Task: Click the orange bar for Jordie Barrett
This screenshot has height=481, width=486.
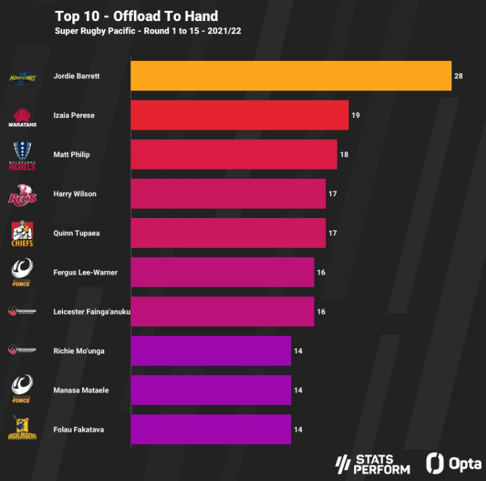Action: point(290,76)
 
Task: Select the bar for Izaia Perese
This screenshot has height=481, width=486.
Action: point(239,115)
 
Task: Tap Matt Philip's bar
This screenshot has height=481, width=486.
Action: point(233,154)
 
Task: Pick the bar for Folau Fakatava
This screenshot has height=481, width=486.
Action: point(210,430)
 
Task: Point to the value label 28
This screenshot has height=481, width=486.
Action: point(458,76)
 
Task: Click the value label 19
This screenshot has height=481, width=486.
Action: point(356,115)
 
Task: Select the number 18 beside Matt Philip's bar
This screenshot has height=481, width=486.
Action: point(344,154)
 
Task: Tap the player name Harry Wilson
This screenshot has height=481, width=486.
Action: point(75,194)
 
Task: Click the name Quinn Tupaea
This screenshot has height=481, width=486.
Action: point(76,233)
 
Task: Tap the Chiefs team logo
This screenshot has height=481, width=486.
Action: point(22,234)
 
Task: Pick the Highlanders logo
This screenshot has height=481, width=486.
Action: point(22,430)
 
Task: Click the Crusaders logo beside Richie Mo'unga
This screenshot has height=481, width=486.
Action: point(22,351)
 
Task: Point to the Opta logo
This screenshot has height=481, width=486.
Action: point(455,463)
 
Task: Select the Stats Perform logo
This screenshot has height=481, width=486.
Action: point(374,464)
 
